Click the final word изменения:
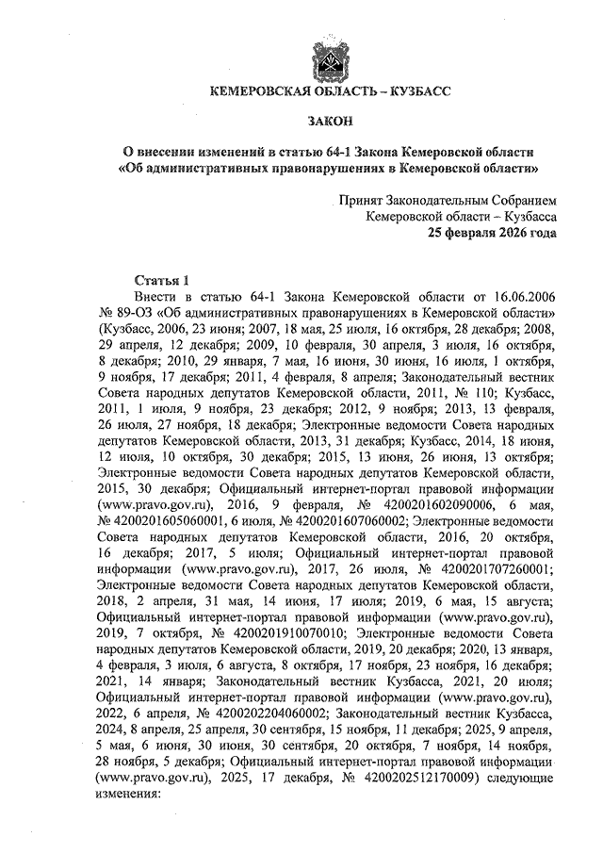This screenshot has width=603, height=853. pos(129,795)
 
